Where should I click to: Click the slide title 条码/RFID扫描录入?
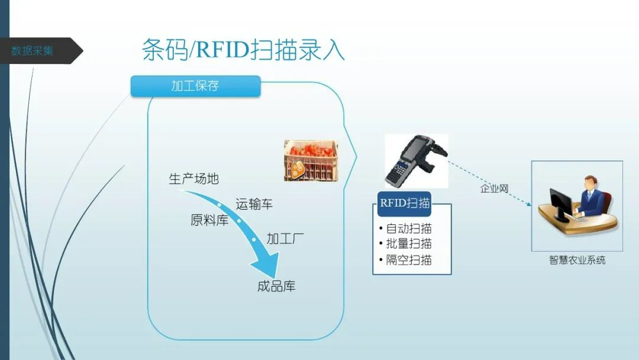point(243,50)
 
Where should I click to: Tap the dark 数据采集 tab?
point(34,51)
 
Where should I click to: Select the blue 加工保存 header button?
point(195,86)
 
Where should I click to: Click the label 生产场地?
point(193,179)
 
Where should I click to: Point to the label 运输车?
point(254,204)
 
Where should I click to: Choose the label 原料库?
point(209,220)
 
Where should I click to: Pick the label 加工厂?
point(285,239)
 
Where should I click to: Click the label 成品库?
point(276,287)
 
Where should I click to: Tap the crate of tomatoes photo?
point(310,160)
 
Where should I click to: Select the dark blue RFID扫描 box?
point(405,203)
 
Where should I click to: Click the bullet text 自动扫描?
point(409,229)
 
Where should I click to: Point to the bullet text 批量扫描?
point(409,244)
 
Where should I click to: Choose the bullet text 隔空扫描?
point(409,260)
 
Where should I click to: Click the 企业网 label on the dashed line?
point(494,189)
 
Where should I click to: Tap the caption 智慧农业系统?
point(577,260)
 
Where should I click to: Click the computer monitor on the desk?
point(559,204)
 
